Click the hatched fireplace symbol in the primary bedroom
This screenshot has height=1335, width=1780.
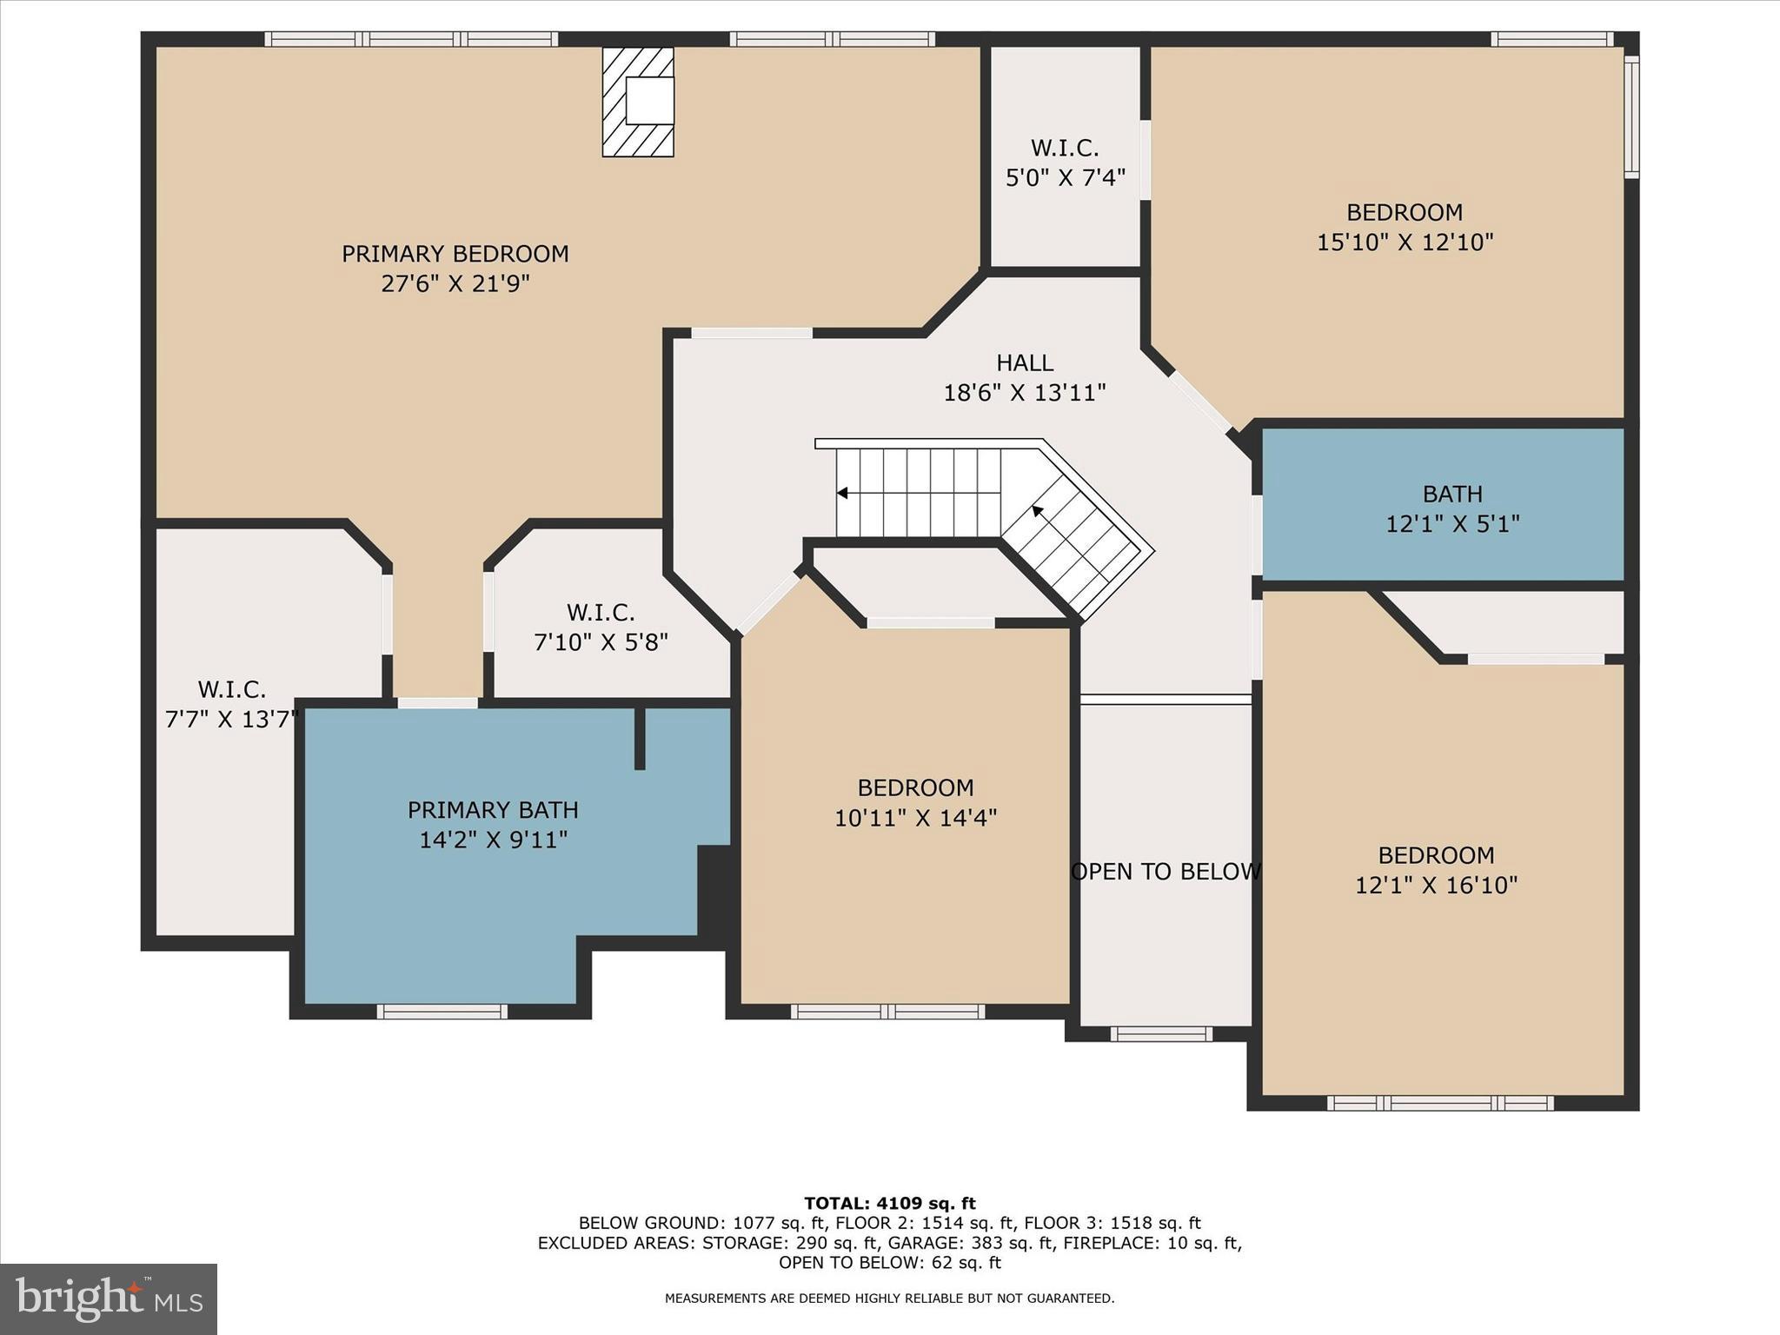(x=638, y=103)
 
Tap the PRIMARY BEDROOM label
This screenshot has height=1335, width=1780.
(x=455, y=254)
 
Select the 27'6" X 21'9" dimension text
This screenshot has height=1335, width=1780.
(x=455, y=284)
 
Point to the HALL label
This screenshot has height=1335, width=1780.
(x=1025, y=362)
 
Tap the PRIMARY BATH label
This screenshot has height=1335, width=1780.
(x=493, y=810)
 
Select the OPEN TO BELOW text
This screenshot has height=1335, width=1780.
(x=1166, y=872)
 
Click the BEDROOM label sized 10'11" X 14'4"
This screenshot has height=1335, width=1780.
(x=915, y=788)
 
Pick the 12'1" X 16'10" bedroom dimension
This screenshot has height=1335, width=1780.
(x=1436, y=886)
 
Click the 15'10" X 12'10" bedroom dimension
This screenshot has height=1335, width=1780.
(x=1405, y=242)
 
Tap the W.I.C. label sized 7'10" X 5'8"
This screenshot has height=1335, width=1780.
(x=601, y=613)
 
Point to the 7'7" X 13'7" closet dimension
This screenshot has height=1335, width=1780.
(x=231, y=720)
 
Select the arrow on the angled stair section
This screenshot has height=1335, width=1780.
(x=1037, y=511)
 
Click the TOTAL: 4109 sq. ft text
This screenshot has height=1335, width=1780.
(x=889, y=1204)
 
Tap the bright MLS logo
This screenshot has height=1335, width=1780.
(x=109, y=1299)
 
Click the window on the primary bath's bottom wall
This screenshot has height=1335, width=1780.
(x=442, y=1012)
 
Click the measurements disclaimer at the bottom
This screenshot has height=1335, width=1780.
(x=889, y=1298)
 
